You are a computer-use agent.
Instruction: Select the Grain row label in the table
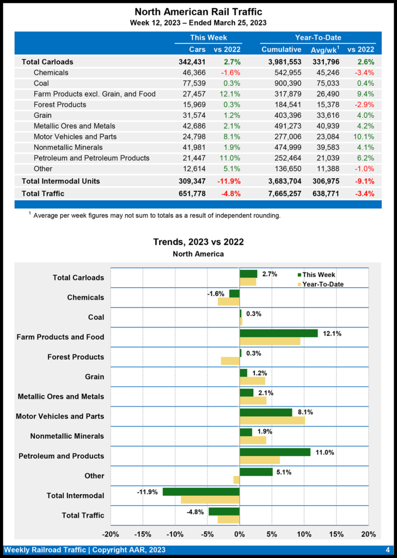coord(42,116)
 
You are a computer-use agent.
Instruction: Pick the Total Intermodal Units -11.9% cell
coord(227,181)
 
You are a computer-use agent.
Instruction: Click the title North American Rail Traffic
coord(198,11)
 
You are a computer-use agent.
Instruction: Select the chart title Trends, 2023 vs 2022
coord(198,242)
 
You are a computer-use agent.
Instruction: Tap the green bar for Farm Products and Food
coord(278,333)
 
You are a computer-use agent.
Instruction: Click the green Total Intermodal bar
coord(201,492)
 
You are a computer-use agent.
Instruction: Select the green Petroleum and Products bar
coord(275,452)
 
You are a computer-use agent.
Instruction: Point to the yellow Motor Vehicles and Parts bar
coord(272,421)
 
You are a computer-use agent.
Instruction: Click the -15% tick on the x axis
coord(143,534)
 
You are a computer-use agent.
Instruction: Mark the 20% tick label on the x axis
coord(369,534)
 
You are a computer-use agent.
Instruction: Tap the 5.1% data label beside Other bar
coord(284,472)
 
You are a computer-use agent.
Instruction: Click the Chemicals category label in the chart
coord(85,298)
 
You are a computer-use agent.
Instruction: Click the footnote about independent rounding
coord(156,216)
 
